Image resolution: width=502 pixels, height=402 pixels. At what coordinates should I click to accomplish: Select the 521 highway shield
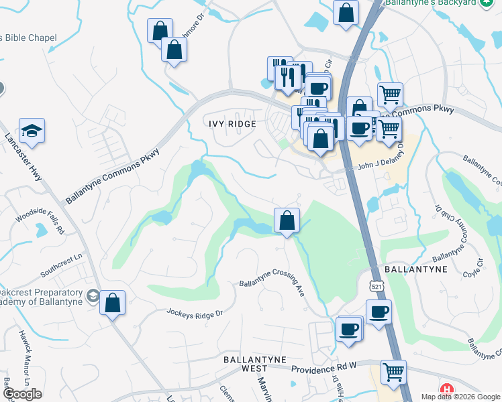(373, 287)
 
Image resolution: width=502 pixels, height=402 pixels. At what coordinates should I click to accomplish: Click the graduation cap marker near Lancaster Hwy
(32, 131)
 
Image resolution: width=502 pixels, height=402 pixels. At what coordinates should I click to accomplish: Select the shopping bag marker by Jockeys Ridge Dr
(113, 303)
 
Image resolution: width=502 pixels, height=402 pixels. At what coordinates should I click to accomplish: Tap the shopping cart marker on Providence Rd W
(393, 372)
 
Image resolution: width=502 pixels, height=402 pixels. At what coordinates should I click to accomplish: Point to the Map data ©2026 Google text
(460, 397)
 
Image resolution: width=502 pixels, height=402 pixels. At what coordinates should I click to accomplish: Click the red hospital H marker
(446, 389)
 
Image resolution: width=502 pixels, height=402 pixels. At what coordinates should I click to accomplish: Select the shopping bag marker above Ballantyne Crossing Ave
(287, 220)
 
